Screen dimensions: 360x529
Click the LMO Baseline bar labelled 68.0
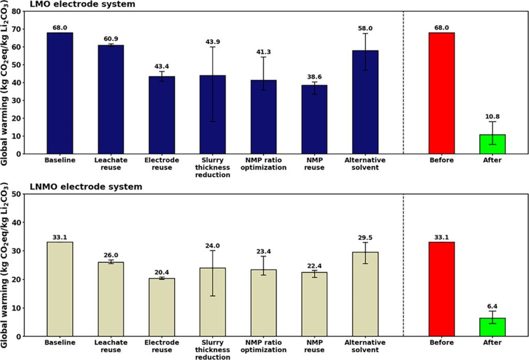point(60,93)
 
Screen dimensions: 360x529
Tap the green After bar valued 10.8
point(492,144)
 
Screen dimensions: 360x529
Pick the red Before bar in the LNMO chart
point(442,289)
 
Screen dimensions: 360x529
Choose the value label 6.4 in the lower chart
point(492,306)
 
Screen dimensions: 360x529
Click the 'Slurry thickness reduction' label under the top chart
point(213,167)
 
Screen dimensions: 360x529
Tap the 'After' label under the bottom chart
point(492,343)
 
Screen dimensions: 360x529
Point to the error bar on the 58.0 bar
point(365,52)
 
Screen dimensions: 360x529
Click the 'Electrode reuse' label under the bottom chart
point(162,346)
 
